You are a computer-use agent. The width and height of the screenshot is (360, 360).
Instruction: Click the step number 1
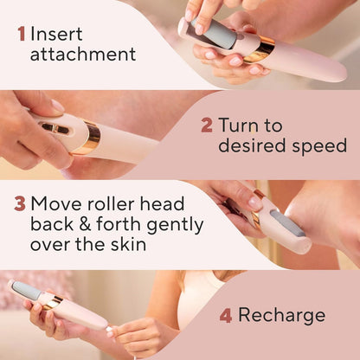click(x=21, y=35)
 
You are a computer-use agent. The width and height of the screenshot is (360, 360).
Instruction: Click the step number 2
click(x=207, y=125)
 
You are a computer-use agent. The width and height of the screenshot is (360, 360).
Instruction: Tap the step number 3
click(x=19, y=205)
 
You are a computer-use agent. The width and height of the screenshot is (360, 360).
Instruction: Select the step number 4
click(x=226, y=315)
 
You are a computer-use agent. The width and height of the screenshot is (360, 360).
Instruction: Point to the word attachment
click(x=83, y=55)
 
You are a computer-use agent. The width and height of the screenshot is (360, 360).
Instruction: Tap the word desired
click(x=251, y=145)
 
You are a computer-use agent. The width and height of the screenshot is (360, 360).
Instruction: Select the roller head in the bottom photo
click(x=26, y=291)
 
